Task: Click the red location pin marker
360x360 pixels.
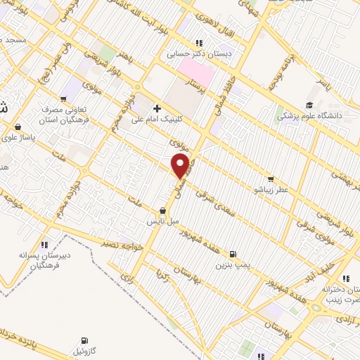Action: (x=180, y=166)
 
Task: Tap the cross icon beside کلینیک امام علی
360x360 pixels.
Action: (x=156, y=109)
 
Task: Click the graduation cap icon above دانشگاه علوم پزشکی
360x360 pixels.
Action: (x=307, y=103)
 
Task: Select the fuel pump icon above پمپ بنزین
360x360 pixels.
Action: (x=233, y=255)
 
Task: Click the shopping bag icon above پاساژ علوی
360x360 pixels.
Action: (x=17, y=127)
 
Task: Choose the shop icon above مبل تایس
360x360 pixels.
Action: (x=163, y=210)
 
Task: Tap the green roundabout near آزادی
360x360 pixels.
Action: (x=316, y=307)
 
